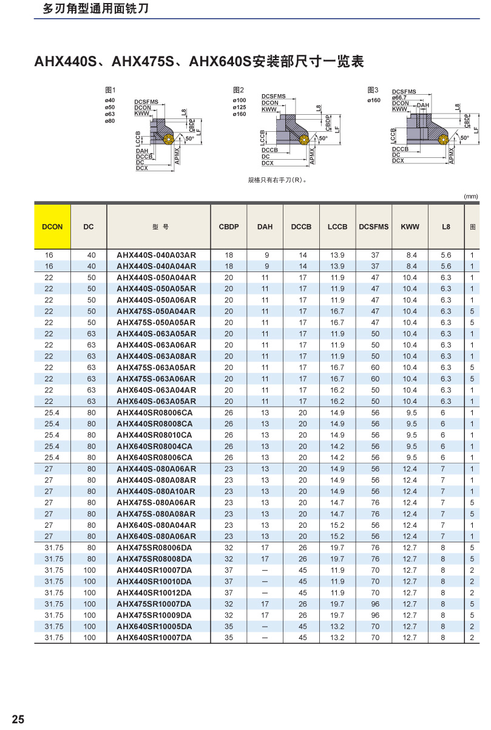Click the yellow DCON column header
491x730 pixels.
point(53,227)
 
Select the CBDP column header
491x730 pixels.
point(229,227)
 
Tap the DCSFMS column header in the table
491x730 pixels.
point(374,227)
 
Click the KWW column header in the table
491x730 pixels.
point(410,227)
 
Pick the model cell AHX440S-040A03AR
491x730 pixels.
point(157,255)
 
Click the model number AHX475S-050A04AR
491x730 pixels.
point(157,311)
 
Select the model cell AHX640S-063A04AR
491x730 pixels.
point(157,390)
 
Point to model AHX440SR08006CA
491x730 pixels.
point(155,412)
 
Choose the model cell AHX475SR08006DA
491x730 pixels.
point(155,548)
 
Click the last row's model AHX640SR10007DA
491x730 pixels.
point(154,638)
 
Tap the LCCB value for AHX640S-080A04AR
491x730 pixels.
point(337,525)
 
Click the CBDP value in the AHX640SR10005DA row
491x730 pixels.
point(229,626)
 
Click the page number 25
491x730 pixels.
point(18,720)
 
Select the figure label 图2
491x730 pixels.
point(239,90)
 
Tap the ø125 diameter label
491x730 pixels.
point(239,107)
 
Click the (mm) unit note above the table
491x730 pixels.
point(471,196)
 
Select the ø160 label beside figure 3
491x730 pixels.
point(374,100)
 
